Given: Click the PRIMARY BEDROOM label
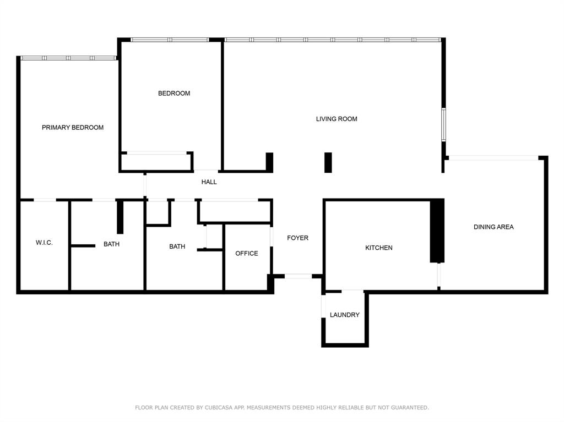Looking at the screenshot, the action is [x=73, y=128].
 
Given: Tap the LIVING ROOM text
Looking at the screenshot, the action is [x=337, y=119].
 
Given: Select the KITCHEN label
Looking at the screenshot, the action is [x=379, y=248].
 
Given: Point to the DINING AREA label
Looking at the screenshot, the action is [x=493, y=227].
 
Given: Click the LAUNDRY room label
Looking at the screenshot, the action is [x=345, y=315].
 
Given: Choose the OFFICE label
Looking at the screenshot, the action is [x=247, y=254].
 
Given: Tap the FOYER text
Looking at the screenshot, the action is [x=297, y=238].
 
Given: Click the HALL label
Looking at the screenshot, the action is [x=209, y=182].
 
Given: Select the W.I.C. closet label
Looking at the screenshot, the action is [x=44, y=243].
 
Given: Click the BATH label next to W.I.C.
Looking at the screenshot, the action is [x=111, y=244].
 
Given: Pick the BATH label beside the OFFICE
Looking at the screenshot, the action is [x=177, y=247].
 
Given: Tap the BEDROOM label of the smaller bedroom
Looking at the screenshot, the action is [x=174, y=94].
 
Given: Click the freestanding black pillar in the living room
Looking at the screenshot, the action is [x=328, y=162].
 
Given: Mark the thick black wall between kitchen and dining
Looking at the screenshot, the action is [x=437, y=231].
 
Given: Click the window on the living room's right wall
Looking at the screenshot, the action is [x=443, y=125].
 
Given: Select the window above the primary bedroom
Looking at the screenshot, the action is [x=68, y=58].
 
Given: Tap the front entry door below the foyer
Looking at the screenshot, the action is [x=298, y=276].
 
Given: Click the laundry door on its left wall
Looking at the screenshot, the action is [x=324, y=306].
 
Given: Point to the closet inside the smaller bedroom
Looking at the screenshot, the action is [x=156, y=162].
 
